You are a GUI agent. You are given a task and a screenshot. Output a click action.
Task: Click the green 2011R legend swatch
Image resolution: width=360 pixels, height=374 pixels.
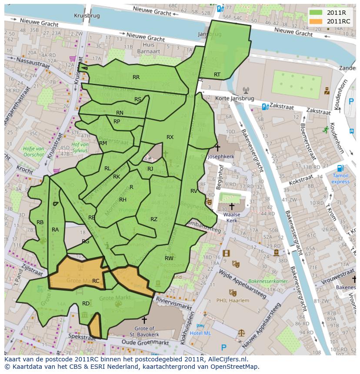316,13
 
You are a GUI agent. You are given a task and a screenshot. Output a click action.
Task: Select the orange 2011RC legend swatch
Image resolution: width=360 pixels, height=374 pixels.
316,21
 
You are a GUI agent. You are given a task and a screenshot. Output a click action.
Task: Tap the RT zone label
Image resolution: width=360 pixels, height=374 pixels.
217,75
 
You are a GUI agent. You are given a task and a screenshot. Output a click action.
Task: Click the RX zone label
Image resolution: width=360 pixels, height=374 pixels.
170,137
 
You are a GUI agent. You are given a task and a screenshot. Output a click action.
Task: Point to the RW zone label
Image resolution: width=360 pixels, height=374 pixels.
169,258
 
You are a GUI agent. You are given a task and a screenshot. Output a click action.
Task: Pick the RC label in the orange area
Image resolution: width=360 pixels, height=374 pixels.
96,281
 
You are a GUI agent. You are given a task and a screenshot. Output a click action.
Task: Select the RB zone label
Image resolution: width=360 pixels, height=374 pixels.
40,222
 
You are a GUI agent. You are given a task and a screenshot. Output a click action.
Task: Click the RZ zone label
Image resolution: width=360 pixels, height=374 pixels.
154,219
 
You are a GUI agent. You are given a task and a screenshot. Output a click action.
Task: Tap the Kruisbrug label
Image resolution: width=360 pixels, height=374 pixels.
87,15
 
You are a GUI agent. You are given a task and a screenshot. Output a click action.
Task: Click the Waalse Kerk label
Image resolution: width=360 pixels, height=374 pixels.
231,217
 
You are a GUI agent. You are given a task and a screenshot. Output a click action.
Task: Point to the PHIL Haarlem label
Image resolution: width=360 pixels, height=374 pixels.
233,300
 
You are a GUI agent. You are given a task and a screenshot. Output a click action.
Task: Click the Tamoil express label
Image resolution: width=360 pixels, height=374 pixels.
340,179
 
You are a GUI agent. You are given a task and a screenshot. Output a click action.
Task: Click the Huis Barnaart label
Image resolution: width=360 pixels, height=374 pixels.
148,48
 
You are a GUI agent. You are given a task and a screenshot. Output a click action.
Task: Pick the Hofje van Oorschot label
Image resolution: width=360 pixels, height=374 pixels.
33,152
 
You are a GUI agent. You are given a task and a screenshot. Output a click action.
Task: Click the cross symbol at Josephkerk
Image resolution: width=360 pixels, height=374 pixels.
217,148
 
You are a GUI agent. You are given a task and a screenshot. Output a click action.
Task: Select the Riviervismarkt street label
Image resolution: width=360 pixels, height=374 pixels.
174,304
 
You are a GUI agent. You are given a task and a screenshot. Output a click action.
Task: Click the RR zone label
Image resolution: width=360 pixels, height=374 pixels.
136,77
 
